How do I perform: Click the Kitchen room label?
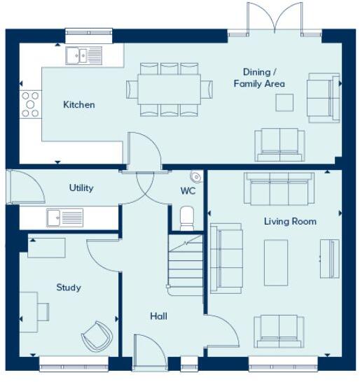78,105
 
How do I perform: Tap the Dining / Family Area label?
259,78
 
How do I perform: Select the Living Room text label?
290,222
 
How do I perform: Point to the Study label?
69,288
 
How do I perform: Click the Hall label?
158,316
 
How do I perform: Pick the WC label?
188,191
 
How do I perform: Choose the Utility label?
81,188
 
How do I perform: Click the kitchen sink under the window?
83,55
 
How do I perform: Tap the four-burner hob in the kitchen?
30,104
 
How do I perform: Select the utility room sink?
64,218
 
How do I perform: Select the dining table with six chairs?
169,90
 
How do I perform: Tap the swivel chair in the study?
96,337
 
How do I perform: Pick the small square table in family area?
284,102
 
